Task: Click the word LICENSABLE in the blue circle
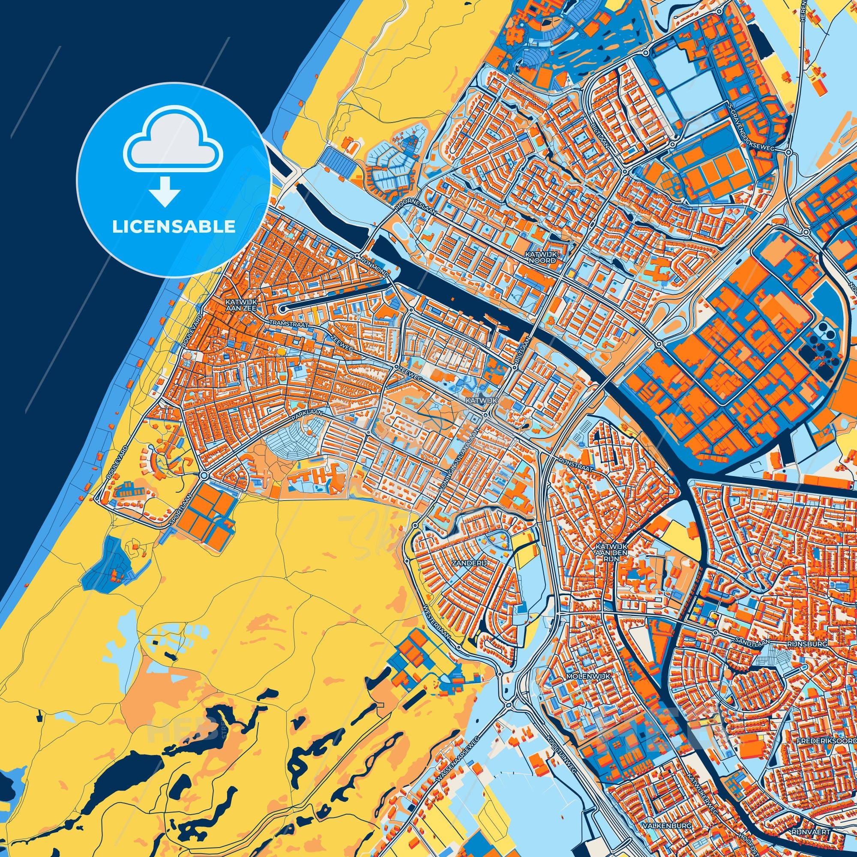pyautogui.click(x=174, y=227)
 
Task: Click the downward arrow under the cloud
pyautogui.click(x=164, y=192)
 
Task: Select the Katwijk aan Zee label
pyautogui.click(x=238, y=304)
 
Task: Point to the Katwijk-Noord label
pyautogui.click(x=540, y=258)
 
